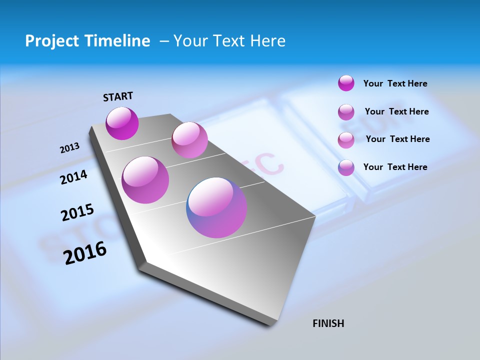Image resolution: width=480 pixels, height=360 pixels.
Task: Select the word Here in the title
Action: coord(267,41)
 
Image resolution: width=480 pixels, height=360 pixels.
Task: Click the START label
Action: coord(118,96)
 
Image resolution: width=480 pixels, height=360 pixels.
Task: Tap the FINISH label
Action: coord(328,323)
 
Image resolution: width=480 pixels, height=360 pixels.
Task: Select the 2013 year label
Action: coord(69,148)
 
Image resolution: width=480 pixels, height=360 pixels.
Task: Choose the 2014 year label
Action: coord(74,177)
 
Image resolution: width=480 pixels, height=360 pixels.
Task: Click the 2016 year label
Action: coord(85,253)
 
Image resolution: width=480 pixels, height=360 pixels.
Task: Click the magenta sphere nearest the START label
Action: coord(122,123)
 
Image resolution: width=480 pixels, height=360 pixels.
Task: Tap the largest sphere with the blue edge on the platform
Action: coord(216,207)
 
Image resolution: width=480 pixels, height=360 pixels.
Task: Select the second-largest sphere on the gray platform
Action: coord(145,180)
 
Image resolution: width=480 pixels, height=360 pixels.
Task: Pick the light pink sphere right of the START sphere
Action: coord(189,140)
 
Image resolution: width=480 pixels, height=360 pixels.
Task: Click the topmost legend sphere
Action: coord(346,83)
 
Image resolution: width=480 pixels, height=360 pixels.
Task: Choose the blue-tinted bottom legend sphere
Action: coord(346,167)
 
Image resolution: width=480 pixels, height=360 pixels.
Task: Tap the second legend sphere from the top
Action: coord(346,112)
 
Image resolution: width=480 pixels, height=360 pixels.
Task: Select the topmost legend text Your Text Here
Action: coord(395,83)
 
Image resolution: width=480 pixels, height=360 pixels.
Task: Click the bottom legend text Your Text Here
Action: coord(395,167)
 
